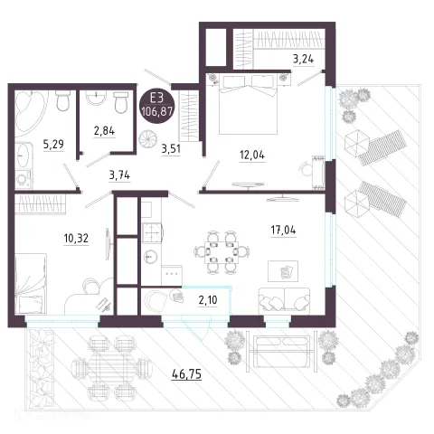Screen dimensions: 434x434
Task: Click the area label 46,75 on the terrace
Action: click(x=186, y=374)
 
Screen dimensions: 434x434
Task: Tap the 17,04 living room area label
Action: click(x=283, y=231)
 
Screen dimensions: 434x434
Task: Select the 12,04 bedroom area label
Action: click(x=252, y=156)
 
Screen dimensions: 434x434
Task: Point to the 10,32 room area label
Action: click(x=76, y=239)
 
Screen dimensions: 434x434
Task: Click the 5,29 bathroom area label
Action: click(x=53, y=145)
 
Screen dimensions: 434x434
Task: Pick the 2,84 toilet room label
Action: click(x=104, y=131)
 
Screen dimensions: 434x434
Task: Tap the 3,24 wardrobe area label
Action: click(x=304, y=59)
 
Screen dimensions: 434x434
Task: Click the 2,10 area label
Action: click(x=208, y=300)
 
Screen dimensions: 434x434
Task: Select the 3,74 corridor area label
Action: click(x=119, y=175)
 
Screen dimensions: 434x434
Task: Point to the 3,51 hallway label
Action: click(x=171, y=149)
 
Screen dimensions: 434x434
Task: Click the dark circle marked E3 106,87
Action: click(x=157, y=107)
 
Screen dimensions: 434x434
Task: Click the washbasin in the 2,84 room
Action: click(x=96, y=98)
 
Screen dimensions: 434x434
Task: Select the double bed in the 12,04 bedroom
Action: click(x=248, y=104)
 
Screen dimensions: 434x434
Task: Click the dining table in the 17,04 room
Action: click(x=222, y=252)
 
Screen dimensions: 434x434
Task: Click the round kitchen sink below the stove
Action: click(x=150, y=258)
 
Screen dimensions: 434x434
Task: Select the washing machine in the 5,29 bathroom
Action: click(x=24, y=180)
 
